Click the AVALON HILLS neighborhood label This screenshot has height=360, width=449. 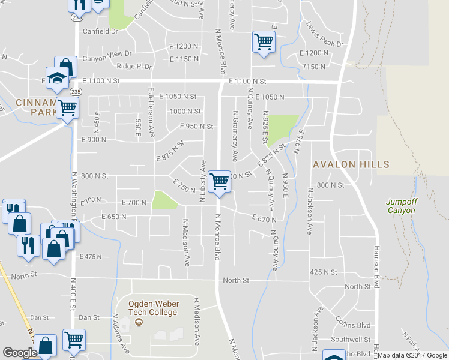351,164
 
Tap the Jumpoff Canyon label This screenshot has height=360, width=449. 401,206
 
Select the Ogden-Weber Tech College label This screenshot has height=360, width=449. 152,307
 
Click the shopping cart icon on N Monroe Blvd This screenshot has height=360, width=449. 220,181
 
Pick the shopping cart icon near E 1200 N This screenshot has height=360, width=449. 263,42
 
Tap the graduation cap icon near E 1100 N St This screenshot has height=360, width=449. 58,79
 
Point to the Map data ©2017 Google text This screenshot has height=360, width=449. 412,355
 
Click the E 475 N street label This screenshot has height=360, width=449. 91,256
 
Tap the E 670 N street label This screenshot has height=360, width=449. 264,220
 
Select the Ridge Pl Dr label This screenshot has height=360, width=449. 134,67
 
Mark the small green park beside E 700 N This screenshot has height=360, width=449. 164,200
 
